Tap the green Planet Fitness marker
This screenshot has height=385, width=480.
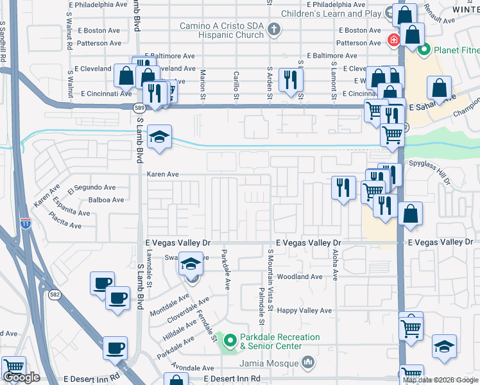click(x=424, y=49)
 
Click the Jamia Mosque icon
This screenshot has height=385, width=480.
click(x=309, y=363)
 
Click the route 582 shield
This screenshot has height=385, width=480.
click(x=54, y=295)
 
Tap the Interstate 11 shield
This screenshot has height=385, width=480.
click(x=25, y=223)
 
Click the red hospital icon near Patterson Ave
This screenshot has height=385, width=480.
click(x=392, y=40)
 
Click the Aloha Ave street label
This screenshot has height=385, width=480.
click(x=334, y=264)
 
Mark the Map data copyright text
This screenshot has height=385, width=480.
click(x=440, y=380)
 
